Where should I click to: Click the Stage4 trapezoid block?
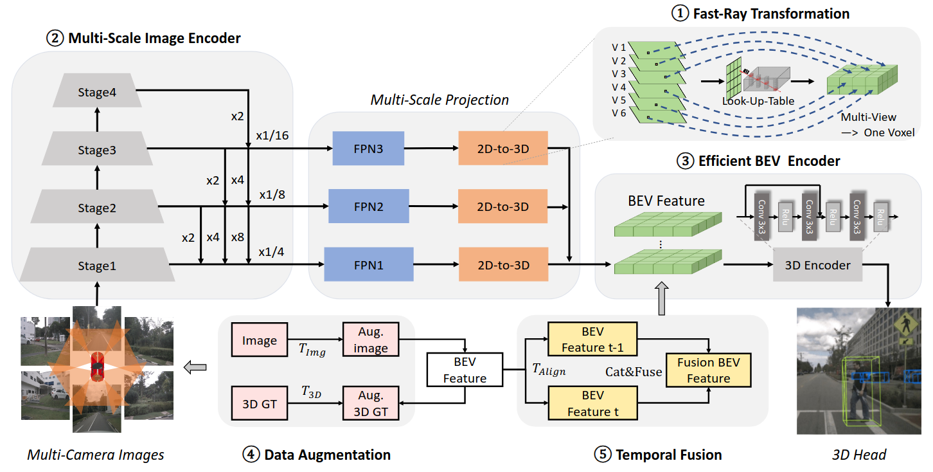click(94, 93)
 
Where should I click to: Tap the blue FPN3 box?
click(368, 149)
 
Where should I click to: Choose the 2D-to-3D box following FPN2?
click(502, 206)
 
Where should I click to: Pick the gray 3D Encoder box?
click(817, 265)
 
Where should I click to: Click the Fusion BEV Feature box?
click(708, 370)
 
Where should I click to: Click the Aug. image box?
click(370, 340)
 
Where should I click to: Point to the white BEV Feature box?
click(465, 370)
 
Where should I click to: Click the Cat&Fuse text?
click(633, 372)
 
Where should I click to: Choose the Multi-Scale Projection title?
click(440, 100)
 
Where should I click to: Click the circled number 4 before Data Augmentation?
click(249, 455)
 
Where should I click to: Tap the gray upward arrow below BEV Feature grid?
click(661, 298)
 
